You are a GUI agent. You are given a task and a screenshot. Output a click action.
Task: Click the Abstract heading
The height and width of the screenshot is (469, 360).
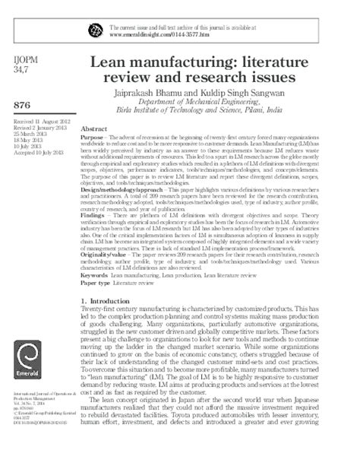[93, 129]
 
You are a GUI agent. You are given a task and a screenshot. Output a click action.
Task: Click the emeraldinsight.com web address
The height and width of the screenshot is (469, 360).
[163, 34]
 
